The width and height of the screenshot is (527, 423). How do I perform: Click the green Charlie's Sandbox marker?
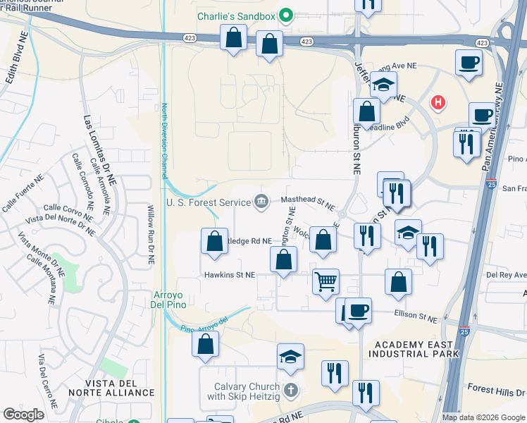[286, 14]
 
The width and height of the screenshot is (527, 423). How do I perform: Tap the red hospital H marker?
[438, 103]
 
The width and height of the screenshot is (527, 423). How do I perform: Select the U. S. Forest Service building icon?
[261, 202]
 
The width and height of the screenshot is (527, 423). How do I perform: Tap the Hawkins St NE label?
[230, 275]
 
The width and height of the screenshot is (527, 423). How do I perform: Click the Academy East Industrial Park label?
[416, 348]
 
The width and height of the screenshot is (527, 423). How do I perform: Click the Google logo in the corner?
[23, 414]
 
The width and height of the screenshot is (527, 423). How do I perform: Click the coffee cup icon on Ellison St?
[358, 309]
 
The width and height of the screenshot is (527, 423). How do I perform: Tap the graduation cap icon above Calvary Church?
[290, 357]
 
